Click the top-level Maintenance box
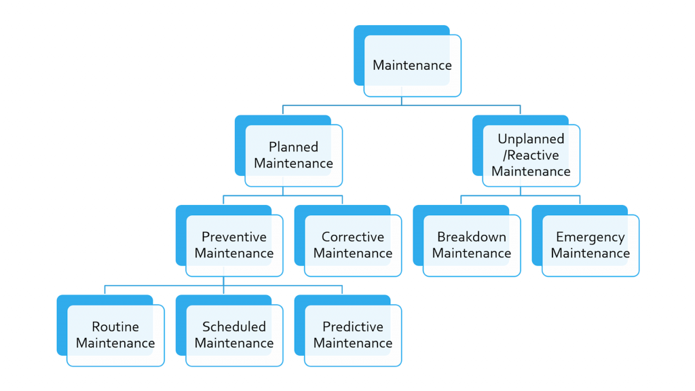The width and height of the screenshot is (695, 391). point(407,61)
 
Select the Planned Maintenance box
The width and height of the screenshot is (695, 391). point(288,151)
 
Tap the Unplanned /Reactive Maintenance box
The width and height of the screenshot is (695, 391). point(526,151)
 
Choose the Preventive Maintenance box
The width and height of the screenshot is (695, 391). point(229,241)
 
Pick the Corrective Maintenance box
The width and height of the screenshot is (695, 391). point(348,241)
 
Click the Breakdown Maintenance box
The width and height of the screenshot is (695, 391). point(467,241)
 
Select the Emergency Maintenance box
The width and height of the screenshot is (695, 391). point(586,241)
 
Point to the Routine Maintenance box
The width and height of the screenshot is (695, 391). point(111,331)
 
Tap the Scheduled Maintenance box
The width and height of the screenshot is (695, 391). point(229,331)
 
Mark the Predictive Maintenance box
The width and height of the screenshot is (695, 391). point(348,331)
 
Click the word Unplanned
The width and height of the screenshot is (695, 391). point(531,139)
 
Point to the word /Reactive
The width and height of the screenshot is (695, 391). point(531,155)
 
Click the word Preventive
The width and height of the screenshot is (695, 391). point(234,237)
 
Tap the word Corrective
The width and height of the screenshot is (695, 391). point(353,237)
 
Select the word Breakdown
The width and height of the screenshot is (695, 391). point(472,237)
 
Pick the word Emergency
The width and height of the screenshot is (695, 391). point(590,238)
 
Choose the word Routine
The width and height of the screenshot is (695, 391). point(115,327)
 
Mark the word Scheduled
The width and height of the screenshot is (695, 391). point(234,327)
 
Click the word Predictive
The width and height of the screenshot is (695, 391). point(353,327)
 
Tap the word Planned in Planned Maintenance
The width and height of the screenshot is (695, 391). point(293,147)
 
